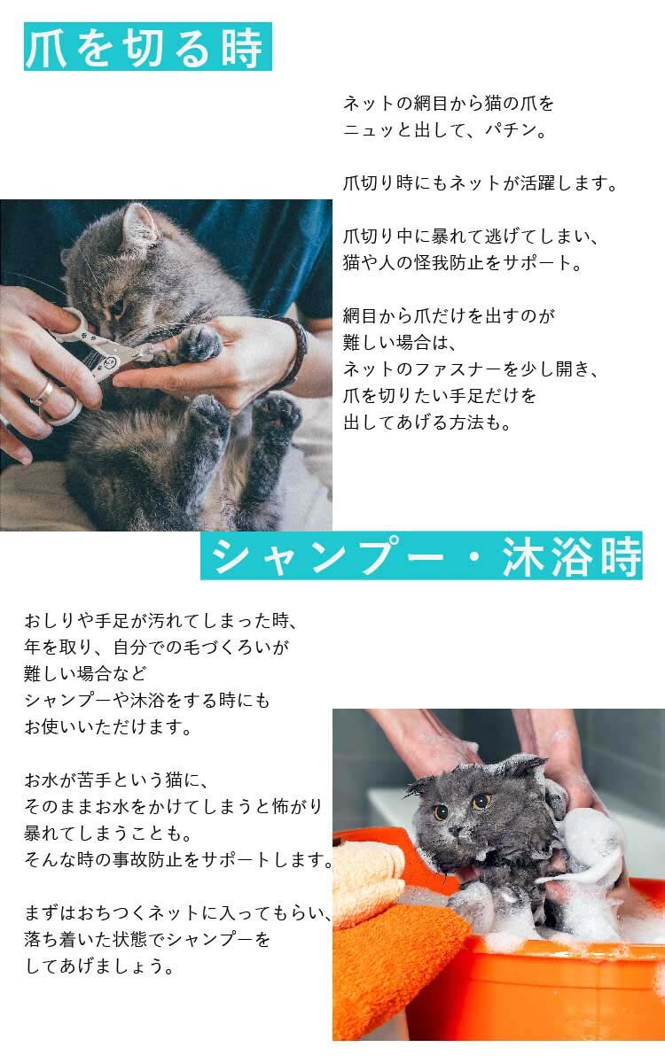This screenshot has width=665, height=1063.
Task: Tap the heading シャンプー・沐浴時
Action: point(421,555)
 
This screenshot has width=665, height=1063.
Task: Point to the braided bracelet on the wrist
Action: point(295,350)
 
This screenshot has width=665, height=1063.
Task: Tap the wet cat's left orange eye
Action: point(481,803)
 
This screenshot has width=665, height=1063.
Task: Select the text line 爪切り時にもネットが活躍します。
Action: point(480,183)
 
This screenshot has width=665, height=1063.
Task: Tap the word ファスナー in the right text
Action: point(459,369)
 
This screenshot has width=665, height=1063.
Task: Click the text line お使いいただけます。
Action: point(107,726)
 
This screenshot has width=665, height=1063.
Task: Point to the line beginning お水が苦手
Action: point(116,780)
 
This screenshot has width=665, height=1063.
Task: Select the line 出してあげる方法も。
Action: point(427,422)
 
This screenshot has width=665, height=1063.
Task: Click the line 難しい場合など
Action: point(85,673)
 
